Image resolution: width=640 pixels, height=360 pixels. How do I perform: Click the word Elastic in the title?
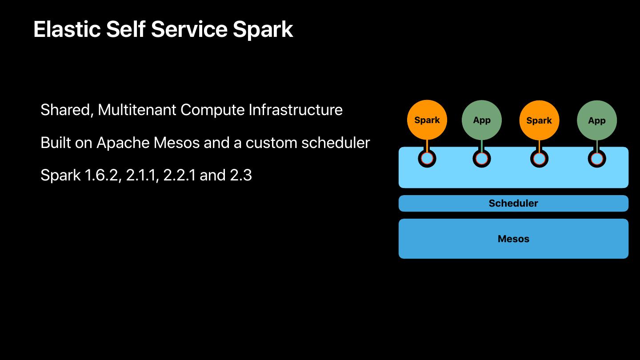point(67,29)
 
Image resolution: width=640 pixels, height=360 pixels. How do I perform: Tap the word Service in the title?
point(189,29)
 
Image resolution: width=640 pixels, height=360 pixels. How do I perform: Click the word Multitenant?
point(137,110)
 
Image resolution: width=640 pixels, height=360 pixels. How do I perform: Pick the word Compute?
point(212,111)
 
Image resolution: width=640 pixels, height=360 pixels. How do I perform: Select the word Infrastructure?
point(296,110)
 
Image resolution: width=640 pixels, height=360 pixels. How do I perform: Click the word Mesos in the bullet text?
point(176,143)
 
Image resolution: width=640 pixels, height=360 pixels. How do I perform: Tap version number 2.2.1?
point(180,175)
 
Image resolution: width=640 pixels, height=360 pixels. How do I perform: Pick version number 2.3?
point(241,175)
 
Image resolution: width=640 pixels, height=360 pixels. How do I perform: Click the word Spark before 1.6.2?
point(60,176)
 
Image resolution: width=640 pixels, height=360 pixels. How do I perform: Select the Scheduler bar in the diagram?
point(513,204)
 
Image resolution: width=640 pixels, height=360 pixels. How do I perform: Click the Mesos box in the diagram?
point(513,239)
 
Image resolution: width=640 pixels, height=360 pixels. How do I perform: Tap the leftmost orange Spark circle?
point(427,120)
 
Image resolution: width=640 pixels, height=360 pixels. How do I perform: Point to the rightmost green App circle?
point(597,120)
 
